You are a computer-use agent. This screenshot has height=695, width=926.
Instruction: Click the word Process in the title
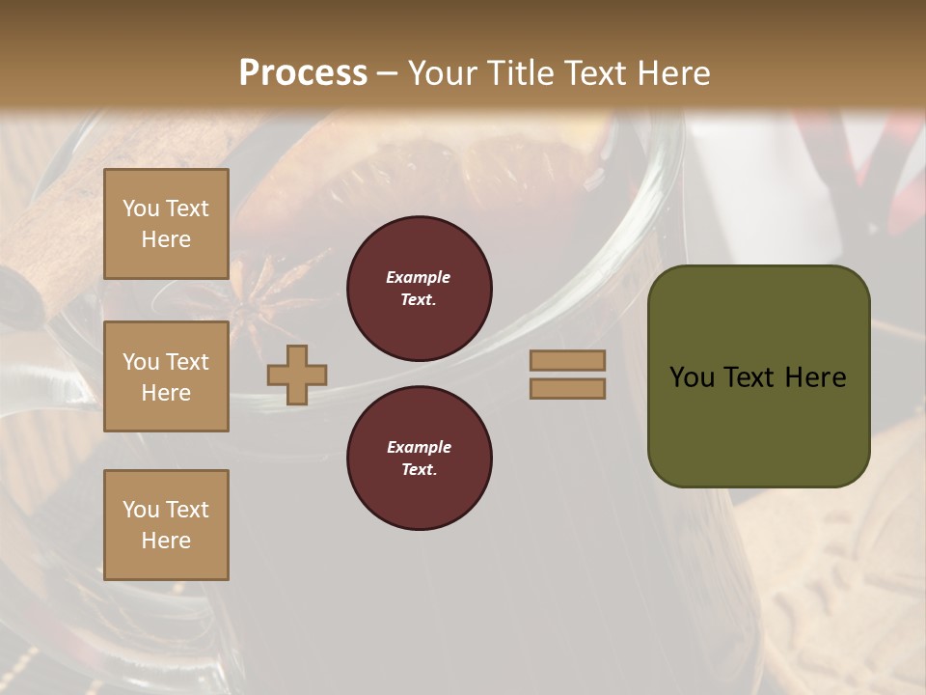coord(303,73)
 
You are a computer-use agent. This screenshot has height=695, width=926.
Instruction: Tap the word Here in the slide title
coord(672,73)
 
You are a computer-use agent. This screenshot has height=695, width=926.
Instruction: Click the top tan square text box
coord(166,224)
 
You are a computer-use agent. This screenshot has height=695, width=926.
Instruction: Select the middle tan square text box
coord(166,376)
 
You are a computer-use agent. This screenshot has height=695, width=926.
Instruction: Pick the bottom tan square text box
coord(166,525)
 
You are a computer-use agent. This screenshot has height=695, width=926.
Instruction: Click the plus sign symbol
coord(297,375)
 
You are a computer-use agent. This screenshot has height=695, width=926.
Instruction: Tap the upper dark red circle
coord(420,289)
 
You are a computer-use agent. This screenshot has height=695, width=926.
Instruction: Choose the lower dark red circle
coord(420,459)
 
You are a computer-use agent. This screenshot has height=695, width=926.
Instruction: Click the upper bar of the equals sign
coord(568,360)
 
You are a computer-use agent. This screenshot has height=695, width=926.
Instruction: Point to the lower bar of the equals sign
coord(568,388)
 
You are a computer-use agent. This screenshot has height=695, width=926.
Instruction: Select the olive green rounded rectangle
coord(758,375)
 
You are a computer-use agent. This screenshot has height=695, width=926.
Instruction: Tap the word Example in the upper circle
coord(419,277)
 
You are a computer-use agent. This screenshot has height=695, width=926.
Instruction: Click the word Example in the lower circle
coord(419,447)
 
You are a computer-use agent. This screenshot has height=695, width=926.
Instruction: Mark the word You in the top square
coord(141,208)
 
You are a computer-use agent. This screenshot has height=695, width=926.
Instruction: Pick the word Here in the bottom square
coord(166,541)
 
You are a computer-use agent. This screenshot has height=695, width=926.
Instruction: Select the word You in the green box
coord(691,376)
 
